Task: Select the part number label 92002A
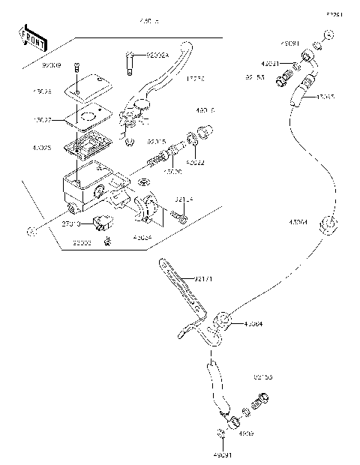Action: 158,55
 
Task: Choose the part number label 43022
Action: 193,161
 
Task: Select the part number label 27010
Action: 71,223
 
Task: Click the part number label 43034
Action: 142,237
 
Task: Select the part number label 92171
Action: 204,279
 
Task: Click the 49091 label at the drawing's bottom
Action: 223,454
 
